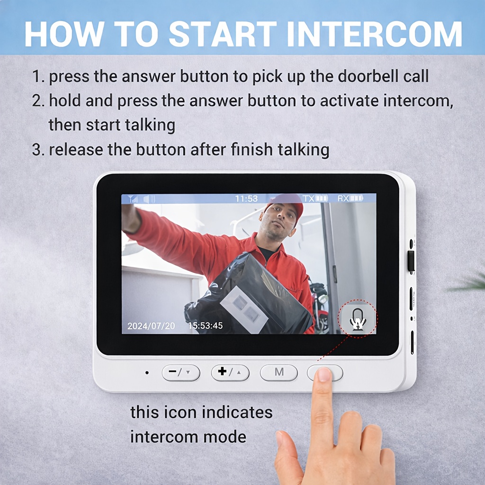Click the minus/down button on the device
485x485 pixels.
coord(181,372)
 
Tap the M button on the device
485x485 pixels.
coord(279,372)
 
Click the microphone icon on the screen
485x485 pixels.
coord(358,320)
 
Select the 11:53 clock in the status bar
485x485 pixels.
coord(246,198)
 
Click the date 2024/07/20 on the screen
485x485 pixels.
coord(151,326)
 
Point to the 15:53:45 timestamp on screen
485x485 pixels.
coord(206,326)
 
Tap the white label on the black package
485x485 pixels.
coord(244,309)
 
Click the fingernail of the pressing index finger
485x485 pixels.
coord(324,374)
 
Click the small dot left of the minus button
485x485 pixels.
coord(147,373)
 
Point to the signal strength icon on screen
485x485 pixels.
coord(133,198)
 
